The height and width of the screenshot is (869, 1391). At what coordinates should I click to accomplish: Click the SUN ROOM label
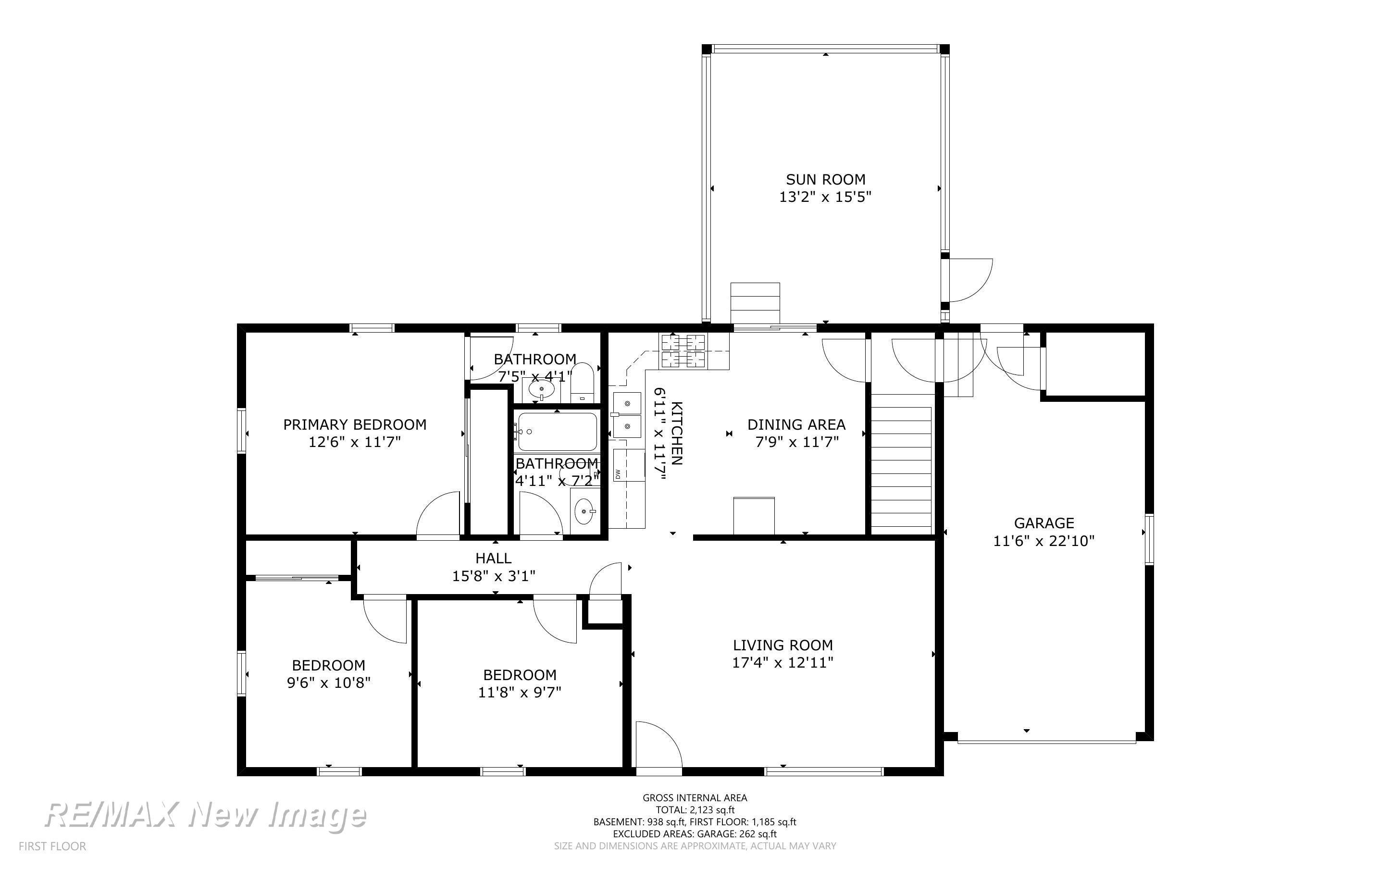point(826,179)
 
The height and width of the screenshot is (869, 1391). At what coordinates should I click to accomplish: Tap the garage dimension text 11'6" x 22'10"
point(1044,541)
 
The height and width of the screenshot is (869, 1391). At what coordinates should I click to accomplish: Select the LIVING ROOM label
point(782,645)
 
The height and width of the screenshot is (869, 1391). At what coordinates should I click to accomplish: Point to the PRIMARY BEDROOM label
point(355,425)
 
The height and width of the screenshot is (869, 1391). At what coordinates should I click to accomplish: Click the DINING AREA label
point(796,425)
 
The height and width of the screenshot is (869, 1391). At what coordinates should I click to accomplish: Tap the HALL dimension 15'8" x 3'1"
point(494,576)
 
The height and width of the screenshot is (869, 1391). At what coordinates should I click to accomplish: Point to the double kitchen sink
point(627,415)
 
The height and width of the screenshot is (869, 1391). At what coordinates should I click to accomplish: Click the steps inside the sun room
point(755,303)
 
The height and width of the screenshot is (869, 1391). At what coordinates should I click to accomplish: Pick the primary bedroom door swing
point(438,515)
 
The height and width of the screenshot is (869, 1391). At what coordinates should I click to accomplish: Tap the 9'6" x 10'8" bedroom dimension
point(329,683)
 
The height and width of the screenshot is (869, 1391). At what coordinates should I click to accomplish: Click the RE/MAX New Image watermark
point(205,815)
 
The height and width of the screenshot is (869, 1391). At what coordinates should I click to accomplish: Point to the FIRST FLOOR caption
point(52,846)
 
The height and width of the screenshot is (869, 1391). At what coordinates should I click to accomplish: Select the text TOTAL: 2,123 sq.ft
point(695,810)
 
